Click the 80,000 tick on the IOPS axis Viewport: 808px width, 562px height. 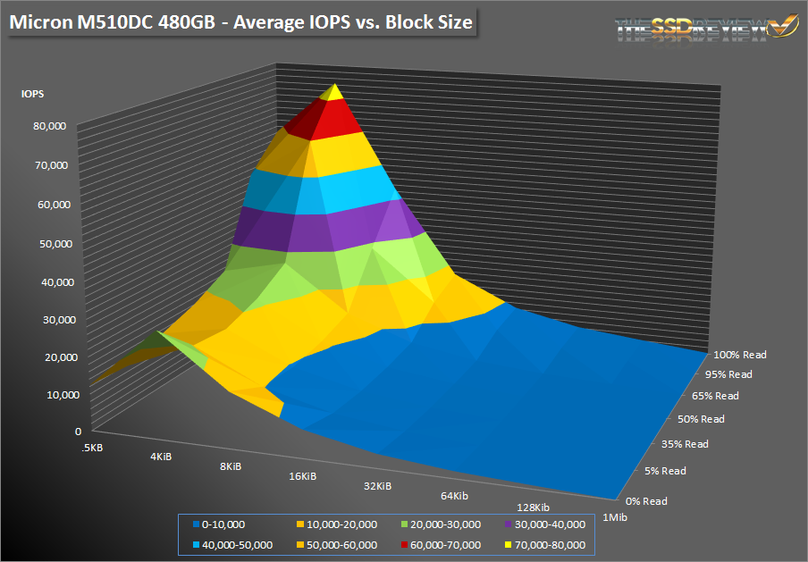[50, 127]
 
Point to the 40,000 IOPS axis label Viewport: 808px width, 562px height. [50, 281]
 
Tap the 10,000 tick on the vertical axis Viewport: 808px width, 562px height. [50, 394]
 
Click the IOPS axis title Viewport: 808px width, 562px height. [33, 92]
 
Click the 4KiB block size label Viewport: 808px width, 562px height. [161, 457]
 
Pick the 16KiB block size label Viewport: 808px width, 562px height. [303, 476]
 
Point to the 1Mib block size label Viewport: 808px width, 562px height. [612, 516]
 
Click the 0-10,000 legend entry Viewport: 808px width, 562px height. [223, 524]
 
